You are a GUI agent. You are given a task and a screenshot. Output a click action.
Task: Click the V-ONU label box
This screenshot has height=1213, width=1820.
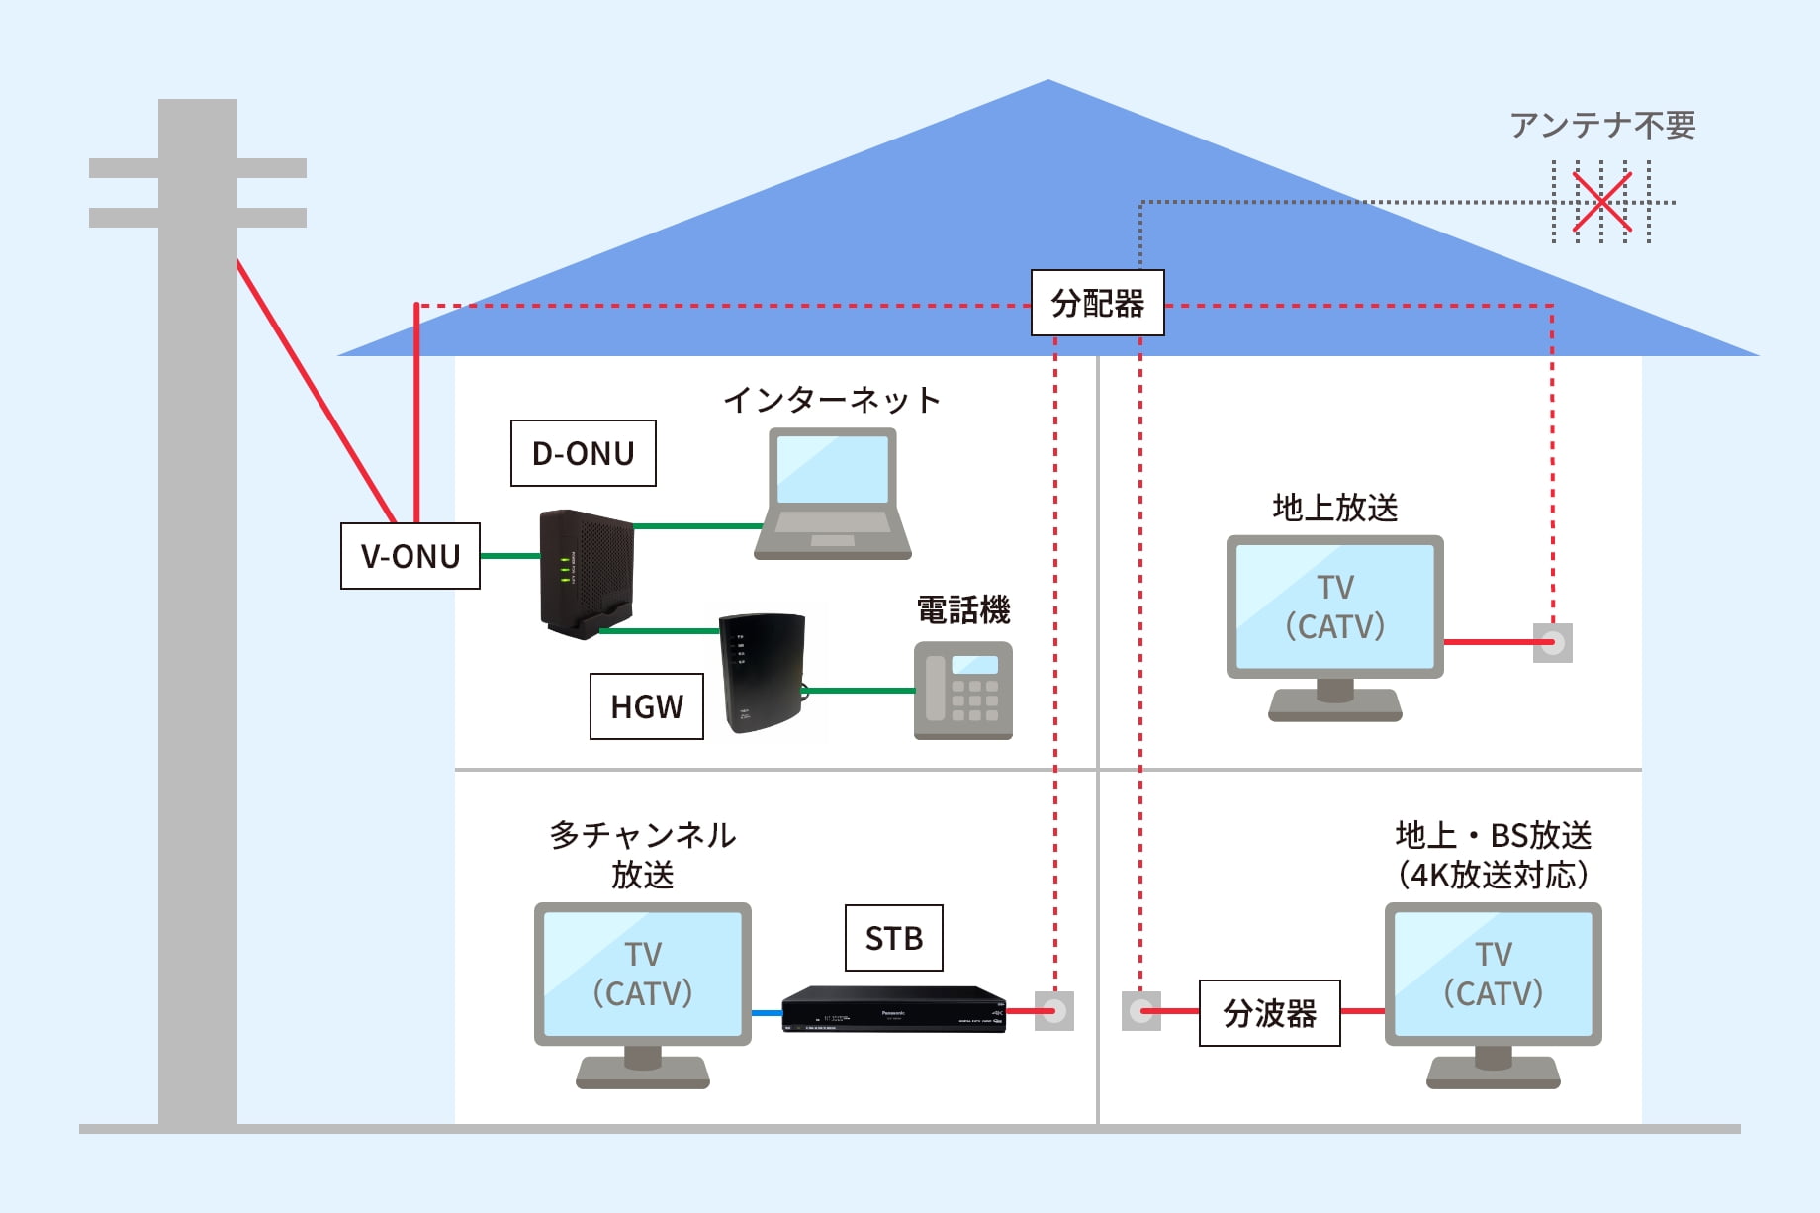(410, 556)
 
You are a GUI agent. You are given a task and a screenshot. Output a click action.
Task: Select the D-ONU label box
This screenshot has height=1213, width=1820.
(583, 453)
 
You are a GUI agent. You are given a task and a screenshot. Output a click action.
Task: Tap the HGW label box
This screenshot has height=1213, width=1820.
(647, 706)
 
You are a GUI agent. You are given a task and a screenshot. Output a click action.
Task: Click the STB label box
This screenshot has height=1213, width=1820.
(894, 938)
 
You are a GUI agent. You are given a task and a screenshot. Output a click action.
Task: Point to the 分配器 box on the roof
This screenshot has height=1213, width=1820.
(1098, 303)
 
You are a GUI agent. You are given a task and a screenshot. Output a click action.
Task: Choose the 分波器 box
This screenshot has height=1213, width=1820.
(1270, 1013)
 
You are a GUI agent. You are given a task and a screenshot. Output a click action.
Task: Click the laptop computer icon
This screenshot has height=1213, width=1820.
(833, 495)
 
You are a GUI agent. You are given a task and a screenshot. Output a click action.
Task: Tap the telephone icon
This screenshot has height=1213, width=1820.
(963, 691)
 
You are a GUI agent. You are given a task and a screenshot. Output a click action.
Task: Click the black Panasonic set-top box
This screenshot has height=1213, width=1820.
(894, 1009)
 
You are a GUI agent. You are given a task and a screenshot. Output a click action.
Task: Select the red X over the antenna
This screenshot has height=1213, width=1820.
(1601, 203)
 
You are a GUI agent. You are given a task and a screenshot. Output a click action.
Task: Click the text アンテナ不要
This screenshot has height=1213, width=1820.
(1602, 126)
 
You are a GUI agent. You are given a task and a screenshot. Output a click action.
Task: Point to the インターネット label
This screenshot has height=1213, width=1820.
(832, 400)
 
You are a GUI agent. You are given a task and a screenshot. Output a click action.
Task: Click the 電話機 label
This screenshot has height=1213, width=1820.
(963, 610)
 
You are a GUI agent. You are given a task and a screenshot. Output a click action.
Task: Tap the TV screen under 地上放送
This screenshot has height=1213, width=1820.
(1335, 606)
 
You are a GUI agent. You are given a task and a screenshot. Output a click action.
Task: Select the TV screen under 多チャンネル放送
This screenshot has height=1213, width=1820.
(643, 974)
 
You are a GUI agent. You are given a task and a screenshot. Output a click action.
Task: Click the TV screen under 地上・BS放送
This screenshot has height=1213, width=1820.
(1494, 974)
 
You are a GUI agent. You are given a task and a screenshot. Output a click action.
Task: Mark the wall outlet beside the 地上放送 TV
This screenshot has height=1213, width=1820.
(1553, 643)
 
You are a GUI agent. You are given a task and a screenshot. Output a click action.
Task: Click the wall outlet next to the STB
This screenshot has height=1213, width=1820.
(1054, 1011)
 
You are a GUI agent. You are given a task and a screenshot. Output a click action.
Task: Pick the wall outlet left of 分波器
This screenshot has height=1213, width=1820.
(1141, 1011)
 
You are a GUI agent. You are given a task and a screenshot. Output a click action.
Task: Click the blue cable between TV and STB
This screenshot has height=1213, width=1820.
(767, 1013)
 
